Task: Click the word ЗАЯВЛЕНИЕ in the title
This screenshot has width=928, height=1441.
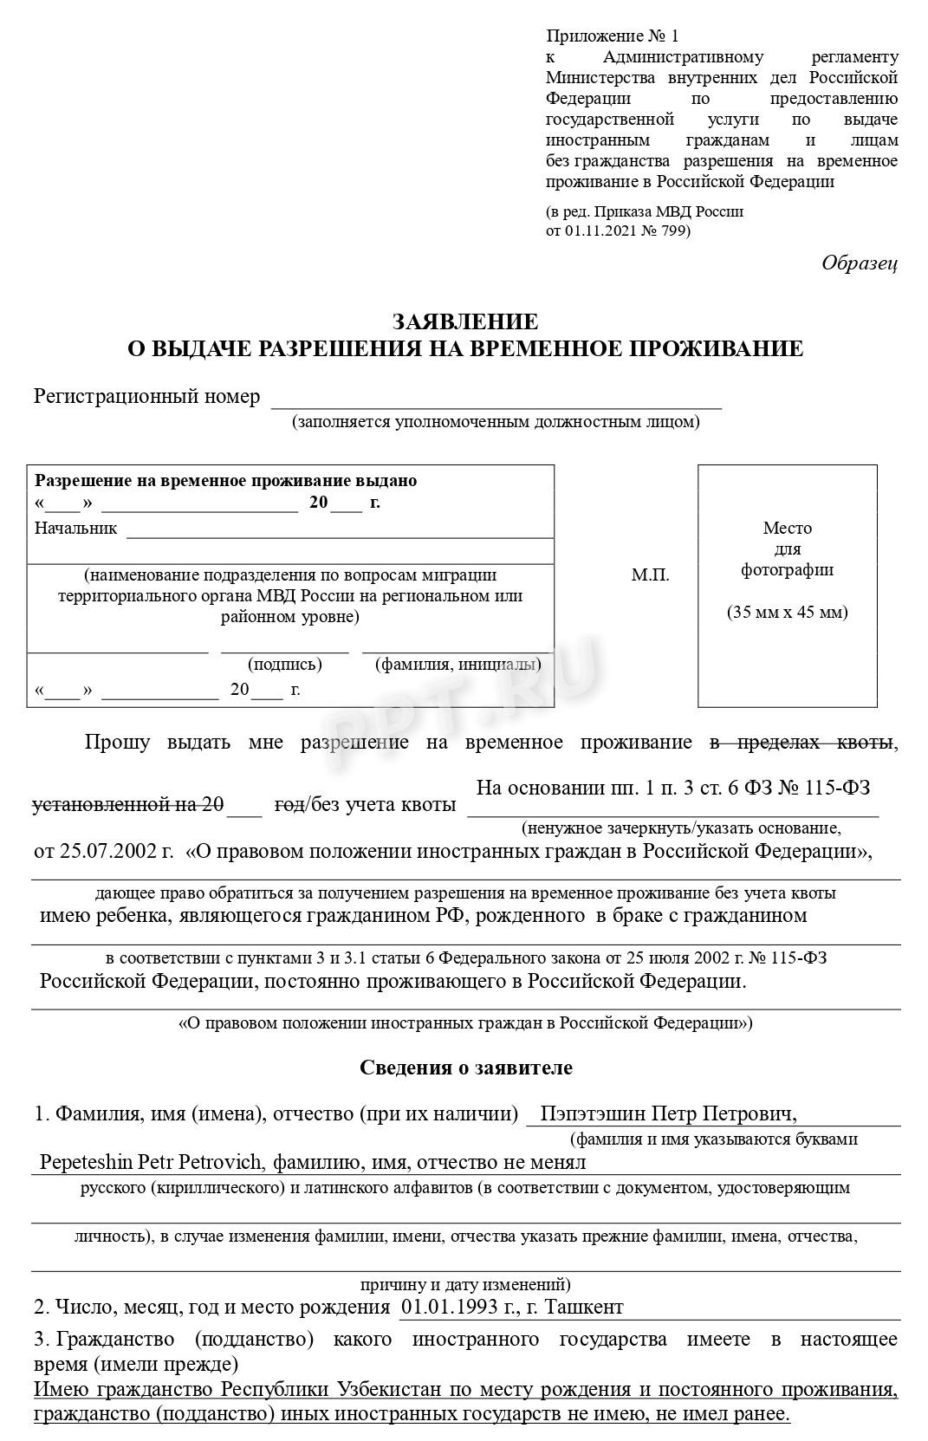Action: click(x=464, y=322)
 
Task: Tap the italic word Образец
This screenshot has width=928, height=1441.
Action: click(x=859, y=263)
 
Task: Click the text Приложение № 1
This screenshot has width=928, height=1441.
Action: click(x=613, y=36)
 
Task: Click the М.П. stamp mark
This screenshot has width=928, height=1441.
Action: click(x=650, y=575)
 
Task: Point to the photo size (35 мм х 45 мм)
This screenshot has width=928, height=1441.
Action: click(x=787, y=613)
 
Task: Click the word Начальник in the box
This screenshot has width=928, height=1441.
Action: click(x=75, y=528)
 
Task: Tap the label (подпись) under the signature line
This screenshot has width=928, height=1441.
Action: click(x=284, y=665)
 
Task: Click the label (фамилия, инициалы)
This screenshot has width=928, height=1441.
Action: click(x=458, y=665)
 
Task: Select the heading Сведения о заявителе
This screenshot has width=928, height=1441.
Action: click(x=465, y=1068)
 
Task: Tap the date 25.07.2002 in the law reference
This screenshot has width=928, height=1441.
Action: click(x=102, y=851)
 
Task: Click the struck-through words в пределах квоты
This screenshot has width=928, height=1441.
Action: click(x=801, y=742)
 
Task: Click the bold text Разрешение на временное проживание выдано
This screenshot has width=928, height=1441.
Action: click(x=225, y=481)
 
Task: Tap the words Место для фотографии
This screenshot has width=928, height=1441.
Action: click(x=787, y=548)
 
